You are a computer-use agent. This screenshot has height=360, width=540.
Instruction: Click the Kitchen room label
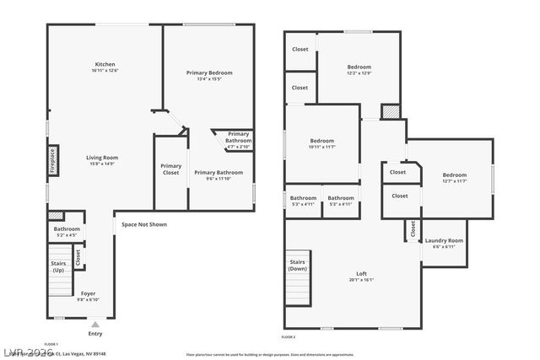point(105,64)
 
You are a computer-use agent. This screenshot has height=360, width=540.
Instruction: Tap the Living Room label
point(105,158)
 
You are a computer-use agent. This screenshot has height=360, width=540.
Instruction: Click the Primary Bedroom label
point(208,73)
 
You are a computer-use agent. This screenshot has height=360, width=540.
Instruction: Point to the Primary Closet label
point(171,169)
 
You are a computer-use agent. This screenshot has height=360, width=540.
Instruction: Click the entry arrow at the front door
point(94,323)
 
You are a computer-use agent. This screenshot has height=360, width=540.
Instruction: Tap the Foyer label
point(89,293)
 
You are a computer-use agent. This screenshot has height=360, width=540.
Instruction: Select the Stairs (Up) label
point(58,266)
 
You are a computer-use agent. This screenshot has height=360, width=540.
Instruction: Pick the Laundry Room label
point(444,240)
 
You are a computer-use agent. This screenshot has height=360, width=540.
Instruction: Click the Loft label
point(361,274)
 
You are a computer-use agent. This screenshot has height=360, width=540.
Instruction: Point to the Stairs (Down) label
point(297,265)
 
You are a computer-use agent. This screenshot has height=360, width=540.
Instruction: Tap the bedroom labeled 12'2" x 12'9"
point(359,67)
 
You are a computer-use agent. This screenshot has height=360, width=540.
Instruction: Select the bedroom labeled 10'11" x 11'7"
point(322,141)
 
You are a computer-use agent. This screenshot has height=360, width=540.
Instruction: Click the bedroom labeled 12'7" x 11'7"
point(455,175)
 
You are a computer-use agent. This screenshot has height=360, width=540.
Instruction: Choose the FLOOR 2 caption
point(289,336)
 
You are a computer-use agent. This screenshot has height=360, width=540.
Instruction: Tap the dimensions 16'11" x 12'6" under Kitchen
point(105,70)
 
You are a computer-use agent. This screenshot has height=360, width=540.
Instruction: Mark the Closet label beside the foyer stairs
point(78,258)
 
